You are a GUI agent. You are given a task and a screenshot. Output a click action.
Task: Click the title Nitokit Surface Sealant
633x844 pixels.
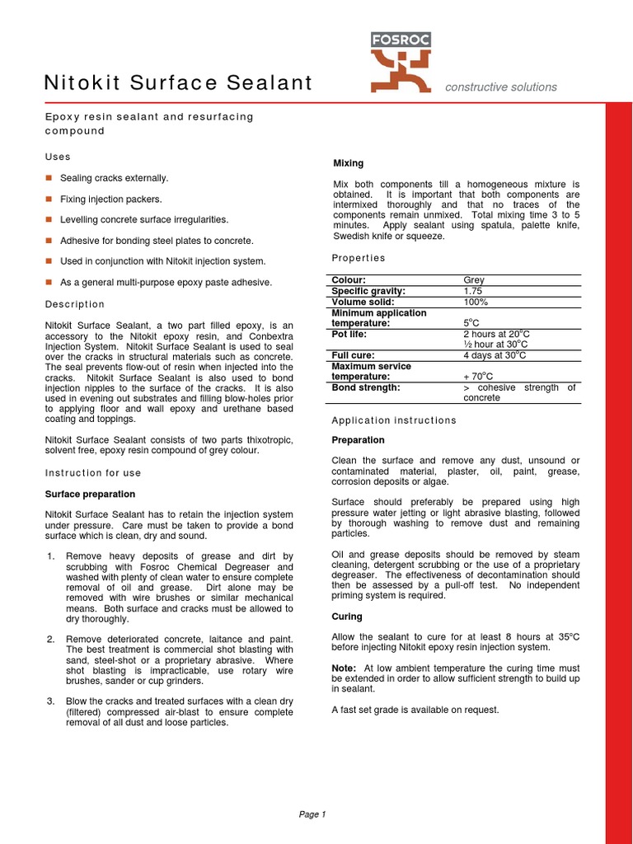click(x=178, y=83)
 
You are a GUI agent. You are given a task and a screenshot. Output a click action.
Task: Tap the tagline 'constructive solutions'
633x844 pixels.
click(x=500, y=87)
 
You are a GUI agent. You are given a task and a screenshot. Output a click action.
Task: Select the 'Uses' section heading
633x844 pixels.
click(x=58, y=157)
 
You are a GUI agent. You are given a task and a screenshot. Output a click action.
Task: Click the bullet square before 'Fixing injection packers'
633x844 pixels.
click(x=49, y=199)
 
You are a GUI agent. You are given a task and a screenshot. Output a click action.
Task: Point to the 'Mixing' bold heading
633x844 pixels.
click(x=347, y=163)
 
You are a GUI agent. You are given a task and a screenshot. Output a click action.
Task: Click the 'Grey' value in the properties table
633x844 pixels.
click(x=474, y=280)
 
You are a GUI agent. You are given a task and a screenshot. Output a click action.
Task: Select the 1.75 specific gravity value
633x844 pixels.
click(x=473, y=291)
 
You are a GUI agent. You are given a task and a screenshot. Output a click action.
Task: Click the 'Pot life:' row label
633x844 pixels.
click(x=349, y=334)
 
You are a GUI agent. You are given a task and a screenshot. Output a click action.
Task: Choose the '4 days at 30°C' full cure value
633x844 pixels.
click(x=495, y=355)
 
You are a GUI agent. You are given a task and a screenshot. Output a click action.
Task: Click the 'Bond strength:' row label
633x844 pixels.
click(x=365, y=387)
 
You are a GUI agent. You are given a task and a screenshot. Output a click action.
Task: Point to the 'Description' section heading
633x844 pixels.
click(x=75, y=305)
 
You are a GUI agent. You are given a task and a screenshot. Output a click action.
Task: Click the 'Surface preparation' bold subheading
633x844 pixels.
click(x=90, y=494)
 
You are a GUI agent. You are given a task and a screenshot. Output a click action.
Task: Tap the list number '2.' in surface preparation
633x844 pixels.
click(x=50, y=639)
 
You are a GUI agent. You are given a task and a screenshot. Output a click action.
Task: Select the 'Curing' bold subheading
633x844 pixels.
click(x=346, y=616)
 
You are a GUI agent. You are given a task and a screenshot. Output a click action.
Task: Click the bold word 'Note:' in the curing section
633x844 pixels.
click(x=344, y=668)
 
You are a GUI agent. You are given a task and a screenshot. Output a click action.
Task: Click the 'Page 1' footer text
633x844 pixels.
click(x=312, y=814)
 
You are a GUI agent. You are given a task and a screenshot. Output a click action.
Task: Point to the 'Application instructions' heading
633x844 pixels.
click(x=393, y=420)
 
